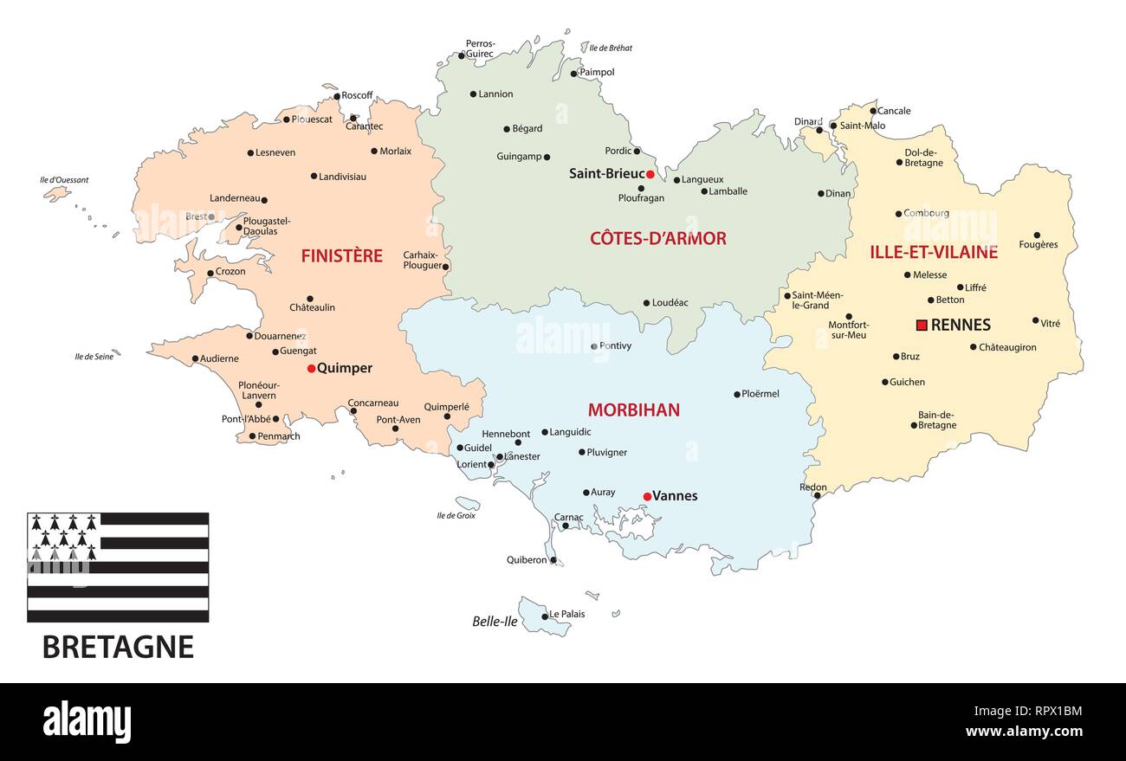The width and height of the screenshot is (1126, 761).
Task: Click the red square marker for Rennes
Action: [922, 326]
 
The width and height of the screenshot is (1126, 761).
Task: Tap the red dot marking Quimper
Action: [311, 369]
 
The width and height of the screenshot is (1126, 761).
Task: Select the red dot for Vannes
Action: [647, 496]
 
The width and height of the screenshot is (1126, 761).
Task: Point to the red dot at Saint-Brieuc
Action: [650, 174]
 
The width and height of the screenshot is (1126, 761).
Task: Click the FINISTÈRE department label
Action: [341, 256]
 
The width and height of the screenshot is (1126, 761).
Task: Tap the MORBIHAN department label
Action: [633, 410]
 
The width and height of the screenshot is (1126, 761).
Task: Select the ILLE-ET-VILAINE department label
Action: [934, 253]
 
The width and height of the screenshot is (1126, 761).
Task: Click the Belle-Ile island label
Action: [495, 621]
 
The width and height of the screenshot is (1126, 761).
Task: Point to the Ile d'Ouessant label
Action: [64, 180]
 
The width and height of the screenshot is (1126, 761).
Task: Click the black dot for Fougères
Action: [1037, 235]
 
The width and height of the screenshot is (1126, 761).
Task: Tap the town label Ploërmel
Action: [760, 394]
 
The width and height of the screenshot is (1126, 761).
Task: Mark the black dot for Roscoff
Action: [337, 96]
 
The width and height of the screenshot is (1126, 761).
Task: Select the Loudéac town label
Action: [670, 303]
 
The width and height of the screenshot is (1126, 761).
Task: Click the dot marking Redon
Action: [817, 496]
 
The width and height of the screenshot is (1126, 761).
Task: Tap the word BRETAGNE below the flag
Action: [118, 647]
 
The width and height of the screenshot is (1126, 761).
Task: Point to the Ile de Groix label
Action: [456, 515]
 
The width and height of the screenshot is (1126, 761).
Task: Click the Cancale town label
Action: [894, 111]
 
